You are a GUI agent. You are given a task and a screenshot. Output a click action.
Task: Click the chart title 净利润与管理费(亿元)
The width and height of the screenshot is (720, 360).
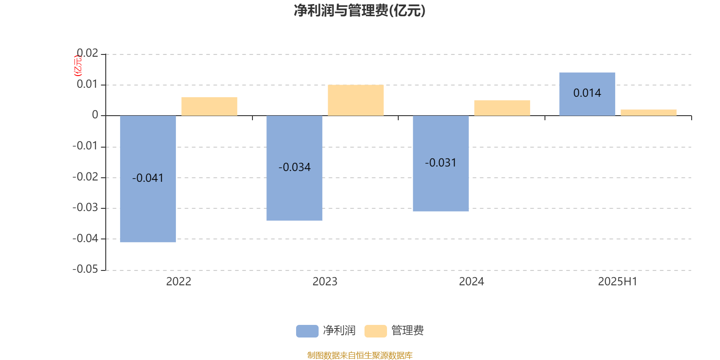pyautogui.click(x=360, y=10)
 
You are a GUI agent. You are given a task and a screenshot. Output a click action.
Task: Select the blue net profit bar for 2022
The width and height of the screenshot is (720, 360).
pyautogui.click(x=148, y=179)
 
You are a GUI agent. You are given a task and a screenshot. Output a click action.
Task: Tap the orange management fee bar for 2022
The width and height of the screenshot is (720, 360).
pyautogui.click(x=209, y=106)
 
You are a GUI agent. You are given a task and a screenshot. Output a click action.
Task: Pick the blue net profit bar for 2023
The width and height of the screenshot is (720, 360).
pyautogui.click(x=294, y=168)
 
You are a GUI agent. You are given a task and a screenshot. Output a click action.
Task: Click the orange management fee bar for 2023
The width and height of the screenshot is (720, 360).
pyautogui.click(x=356, y=100)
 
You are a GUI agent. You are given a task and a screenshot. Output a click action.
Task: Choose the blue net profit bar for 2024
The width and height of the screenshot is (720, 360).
pyautogui.click(x=441, y=163)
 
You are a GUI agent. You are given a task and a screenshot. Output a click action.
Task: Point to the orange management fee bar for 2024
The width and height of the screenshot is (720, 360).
pyautogui.click(x=502, y=108)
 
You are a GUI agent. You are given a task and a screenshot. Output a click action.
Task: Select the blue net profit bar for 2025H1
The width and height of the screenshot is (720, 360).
pyautogui.click(x=587, y=94)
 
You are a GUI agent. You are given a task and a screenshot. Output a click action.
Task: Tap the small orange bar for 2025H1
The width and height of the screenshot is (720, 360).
pyautogui.click(x=648, y=112)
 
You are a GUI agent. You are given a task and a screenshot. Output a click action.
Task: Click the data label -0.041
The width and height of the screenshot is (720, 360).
pyautogui.click(x=148, y=178)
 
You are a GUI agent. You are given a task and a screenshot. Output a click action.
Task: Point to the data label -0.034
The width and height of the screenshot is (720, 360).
pyautogui.click(x=294, y=167)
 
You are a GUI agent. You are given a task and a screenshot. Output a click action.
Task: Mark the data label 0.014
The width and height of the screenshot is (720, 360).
pyautogui.click(x=587, y=93)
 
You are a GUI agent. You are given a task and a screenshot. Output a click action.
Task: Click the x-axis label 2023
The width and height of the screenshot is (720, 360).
pyautogui.click(x=325, y=282)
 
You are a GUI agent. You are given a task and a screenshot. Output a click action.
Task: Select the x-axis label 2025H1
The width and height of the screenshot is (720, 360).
pyautogui.click(x=617, y=282)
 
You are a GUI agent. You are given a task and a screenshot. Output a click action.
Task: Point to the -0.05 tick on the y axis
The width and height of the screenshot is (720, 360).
pyautogui.click(x=85, y=269)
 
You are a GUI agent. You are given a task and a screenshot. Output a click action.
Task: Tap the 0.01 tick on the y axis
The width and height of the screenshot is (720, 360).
pyautogui.click(x=87, y=84)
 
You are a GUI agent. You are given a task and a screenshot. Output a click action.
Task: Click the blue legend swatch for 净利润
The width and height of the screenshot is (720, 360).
pyautogui.click(x=307, y=331)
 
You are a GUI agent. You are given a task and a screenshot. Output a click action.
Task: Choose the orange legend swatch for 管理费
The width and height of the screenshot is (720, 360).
pyautogui.click(x=375, y=331)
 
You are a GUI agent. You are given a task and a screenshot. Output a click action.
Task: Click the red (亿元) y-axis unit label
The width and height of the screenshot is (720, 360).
pyautogui.click(x=78, y=66)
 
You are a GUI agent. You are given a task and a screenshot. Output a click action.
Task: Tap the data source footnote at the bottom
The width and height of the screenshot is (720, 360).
pyautogui.click(x=360, y=355)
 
